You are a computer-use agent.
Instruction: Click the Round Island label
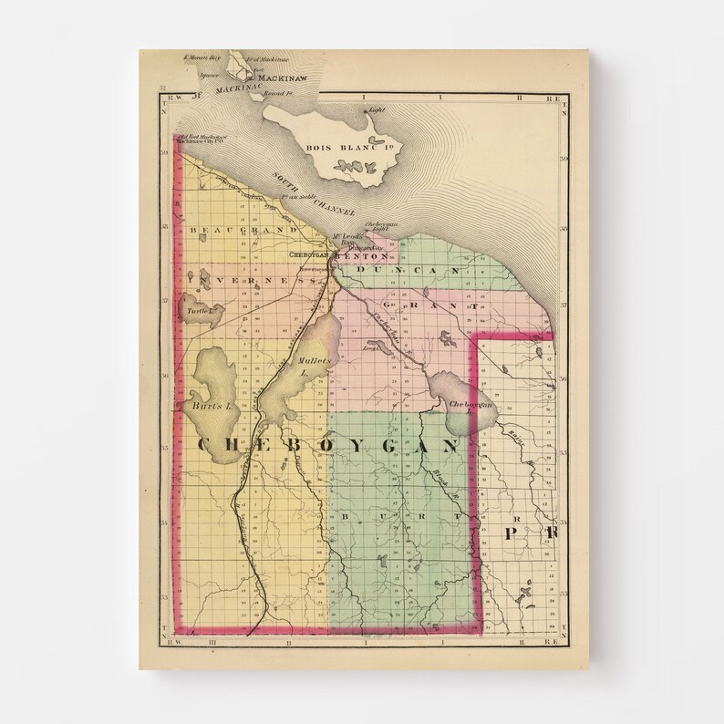276,93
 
